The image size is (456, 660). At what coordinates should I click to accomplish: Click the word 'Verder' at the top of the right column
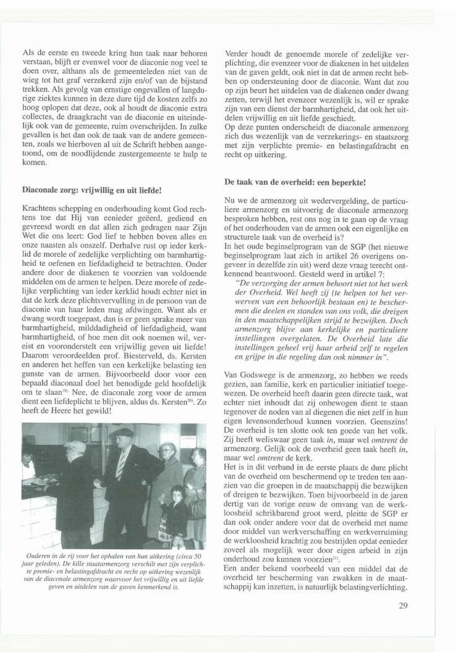pos(237,54)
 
